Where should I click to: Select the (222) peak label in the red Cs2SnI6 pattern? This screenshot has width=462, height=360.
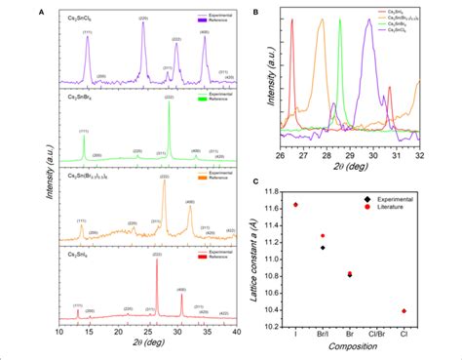click(157, 253)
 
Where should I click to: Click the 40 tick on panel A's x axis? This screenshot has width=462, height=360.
click(236, 333)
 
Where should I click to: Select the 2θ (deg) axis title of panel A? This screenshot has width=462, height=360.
click(147, 346)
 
